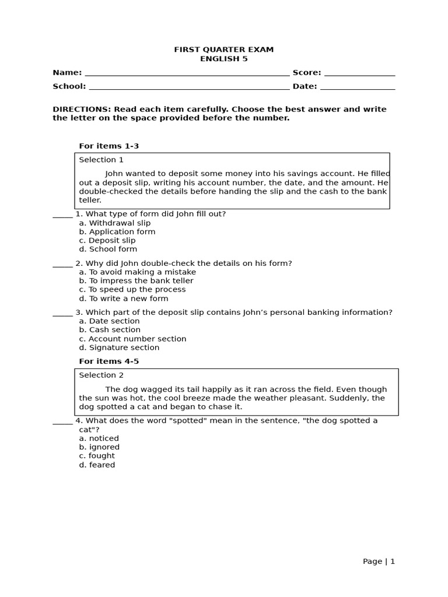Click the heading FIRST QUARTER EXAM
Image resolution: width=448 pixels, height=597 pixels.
coord(223,50)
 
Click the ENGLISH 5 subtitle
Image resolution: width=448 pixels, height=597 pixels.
coord(223,59)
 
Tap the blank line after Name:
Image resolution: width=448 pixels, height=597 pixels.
coord(187,74)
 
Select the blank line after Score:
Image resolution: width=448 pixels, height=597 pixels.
coord(359,74)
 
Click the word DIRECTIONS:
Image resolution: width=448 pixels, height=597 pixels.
coord(82,109)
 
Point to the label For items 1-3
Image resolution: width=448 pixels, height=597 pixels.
coord(108,146)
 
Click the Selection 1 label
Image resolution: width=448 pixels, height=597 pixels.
coord(101,160)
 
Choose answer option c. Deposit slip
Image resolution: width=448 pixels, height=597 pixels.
coord(107,240)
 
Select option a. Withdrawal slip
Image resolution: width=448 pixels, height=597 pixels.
coord(114,223)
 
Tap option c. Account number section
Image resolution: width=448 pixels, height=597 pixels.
coord(132,339)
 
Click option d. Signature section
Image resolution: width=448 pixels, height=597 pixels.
coord(119,347)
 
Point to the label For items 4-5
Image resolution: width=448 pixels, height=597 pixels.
coord(108,361)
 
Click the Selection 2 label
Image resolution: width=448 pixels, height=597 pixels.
coord(101,375)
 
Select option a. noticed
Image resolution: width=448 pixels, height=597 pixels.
coord(99,438)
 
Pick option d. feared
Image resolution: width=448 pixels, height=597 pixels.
coord(97,465)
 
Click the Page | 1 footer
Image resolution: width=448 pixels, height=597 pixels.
coord(379,561)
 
